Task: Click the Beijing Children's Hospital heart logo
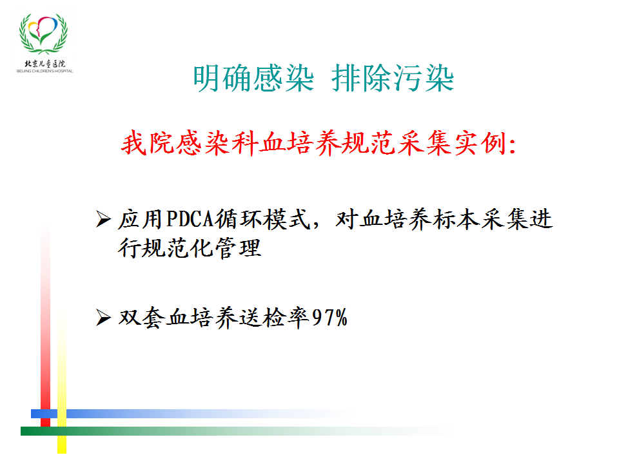coord(43,34)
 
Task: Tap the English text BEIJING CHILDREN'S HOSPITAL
coord(44,71)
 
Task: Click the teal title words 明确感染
coord(253,78)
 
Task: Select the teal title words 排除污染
coord(393,78)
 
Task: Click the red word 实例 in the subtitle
coord(480,142)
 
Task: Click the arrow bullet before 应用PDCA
coord(103,219)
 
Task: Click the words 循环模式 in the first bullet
coord(262,219)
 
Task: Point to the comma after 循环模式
coord(315,226)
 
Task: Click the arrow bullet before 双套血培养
coord(103,318)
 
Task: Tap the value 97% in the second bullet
coord(329,318)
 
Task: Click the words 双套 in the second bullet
coord(142,318)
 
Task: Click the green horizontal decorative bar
coord(237,431)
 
